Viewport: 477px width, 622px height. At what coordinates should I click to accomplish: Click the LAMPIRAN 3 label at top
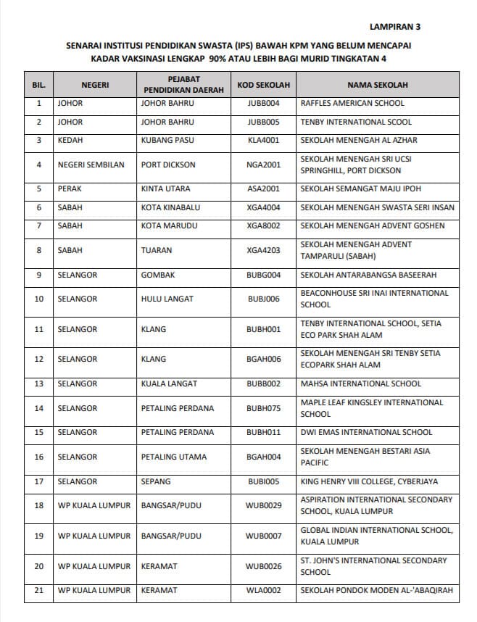coord(394,27)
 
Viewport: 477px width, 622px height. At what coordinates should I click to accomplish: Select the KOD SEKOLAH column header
coord(263,85)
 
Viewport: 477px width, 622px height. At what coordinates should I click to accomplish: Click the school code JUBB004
coord(263,104)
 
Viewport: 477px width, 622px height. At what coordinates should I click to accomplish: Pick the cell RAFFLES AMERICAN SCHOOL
coord(352,104)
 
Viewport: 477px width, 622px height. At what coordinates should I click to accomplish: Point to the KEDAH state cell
coord(70,140)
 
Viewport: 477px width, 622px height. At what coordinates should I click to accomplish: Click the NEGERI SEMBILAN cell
coord(91,165)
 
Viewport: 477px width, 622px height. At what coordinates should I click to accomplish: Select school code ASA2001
coord(263,189)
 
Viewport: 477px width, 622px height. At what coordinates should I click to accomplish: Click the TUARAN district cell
coord(157,250)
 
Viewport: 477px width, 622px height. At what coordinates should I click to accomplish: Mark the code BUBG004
coord(263,275)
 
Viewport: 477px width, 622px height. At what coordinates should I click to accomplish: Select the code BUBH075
coord(263,408)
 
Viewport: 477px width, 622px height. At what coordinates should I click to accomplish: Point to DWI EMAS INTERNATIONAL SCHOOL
coord(366,432)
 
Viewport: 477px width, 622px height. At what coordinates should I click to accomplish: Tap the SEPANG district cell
coord(156,481)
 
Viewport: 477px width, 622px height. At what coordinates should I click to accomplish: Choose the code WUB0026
coord(263,566)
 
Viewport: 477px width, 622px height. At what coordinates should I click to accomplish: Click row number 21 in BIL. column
coord(39,590)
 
